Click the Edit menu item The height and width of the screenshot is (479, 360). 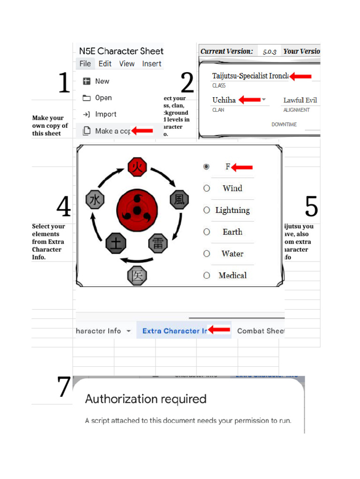pos(105,64)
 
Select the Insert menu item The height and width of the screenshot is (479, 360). pos(151,64)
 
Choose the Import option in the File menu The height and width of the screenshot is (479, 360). pos(105,114)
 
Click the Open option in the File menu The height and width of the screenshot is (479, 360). pos(103,98)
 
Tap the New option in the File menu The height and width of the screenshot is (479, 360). pos(102,81)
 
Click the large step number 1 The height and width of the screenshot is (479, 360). pos(64,83)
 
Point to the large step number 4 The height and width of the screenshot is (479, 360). pos(63,206)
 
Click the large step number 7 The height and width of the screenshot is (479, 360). pos(64,387)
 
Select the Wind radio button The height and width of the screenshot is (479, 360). pos(206,188)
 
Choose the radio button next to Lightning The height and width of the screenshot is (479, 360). pos(206,210)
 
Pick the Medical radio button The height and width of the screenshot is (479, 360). pos(206,275)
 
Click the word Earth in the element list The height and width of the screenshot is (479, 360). pos(232,232)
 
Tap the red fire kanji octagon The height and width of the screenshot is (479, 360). pos(137,167)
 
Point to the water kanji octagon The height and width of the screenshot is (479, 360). pos(95,200)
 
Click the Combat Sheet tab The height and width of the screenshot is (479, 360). pos(261,331)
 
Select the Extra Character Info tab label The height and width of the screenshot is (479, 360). pos(174,331)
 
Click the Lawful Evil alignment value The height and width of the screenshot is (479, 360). pos(300,100)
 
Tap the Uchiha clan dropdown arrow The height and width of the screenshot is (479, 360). pos(264,100)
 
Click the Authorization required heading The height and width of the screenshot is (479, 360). pos(146,399)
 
